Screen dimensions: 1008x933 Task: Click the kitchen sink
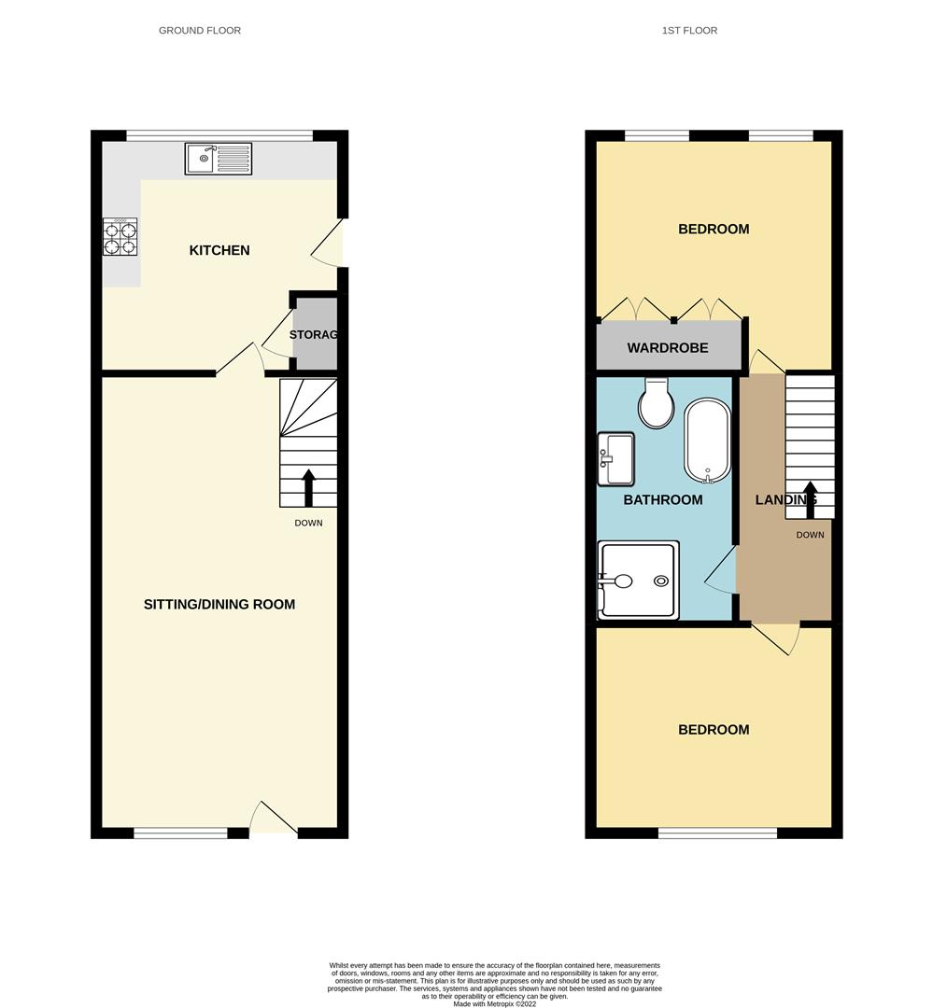click(219, 159)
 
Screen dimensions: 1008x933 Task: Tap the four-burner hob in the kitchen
click(120, 237)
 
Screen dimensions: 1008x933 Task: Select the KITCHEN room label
click(219, 250)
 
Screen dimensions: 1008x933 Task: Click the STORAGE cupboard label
click(313, 335)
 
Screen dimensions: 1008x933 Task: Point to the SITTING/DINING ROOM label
click(219, 604)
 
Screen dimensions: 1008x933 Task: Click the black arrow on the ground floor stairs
click(308, 487)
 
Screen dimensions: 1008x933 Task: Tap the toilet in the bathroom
click(656, 402)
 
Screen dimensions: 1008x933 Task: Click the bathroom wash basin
click(615, 459)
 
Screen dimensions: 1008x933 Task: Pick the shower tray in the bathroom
click(638, 581)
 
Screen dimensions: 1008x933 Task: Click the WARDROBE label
click(667, 348)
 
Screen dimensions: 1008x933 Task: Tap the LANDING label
click(785, 500)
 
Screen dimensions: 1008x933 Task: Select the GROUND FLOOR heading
click(200, 31)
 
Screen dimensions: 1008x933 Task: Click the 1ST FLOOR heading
click(689, 31)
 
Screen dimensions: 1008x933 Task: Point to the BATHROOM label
click(663, 500)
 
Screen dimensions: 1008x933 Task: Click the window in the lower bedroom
click(717, 833)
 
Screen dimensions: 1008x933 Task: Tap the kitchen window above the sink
click(219, 135)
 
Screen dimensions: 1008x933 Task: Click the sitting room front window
click(180, 833)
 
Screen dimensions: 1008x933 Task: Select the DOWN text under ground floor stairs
click(308, 523)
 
